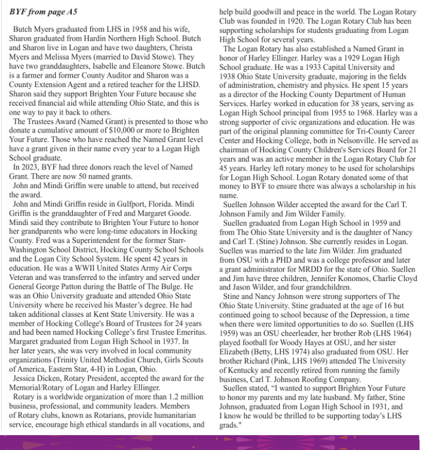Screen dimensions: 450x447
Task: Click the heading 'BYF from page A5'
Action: (44, 12)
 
